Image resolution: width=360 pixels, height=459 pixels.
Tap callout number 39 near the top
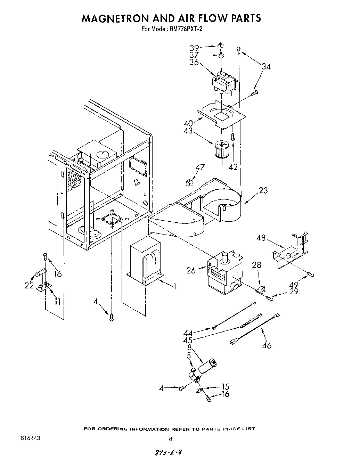[x=194, y=48]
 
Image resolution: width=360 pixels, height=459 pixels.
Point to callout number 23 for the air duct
[x=263, y=190]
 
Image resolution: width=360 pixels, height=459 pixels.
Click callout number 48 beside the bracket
[x=261, y=238]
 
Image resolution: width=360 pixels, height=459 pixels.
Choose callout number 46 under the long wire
[x=267, y=346]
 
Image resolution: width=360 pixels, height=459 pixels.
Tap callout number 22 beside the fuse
[x=29, y=286]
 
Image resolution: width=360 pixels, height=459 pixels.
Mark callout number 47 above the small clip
[x=199, y=167]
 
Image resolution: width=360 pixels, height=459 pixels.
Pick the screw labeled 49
[x=310, y=275]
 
